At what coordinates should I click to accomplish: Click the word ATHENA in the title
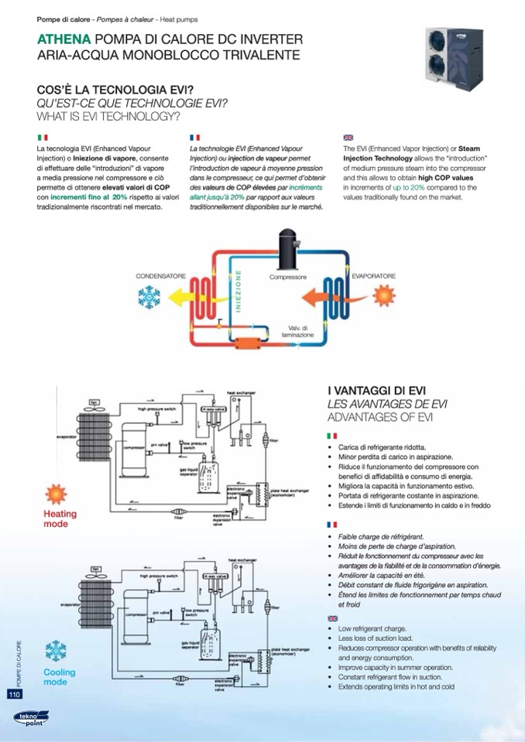[64, 39]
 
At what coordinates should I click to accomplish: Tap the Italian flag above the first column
[43, 136]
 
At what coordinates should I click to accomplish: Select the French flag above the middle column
[194, 136]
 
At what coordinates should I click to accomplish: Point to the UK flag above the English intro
[348, 136]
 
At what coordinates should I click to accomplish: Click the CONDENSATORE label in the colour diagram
[161, 275]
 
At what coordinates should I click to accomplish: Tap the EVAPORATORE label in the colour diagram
[374, 275]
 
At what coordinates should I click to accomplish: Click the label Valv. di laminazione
[298, 332]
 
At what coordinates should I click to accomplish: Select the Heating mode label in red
[60, 518]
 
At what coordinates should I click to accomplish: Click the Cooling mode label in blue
[59, 677]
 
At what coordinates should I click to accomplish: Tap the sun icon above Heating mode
[55, 494]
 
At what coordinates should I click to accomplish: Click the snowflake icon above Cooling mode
[56, 651]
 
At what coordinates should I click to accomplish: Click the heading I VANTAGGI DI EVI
[376, 391]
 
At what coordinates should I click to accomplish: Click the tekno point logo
[30, 719]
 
